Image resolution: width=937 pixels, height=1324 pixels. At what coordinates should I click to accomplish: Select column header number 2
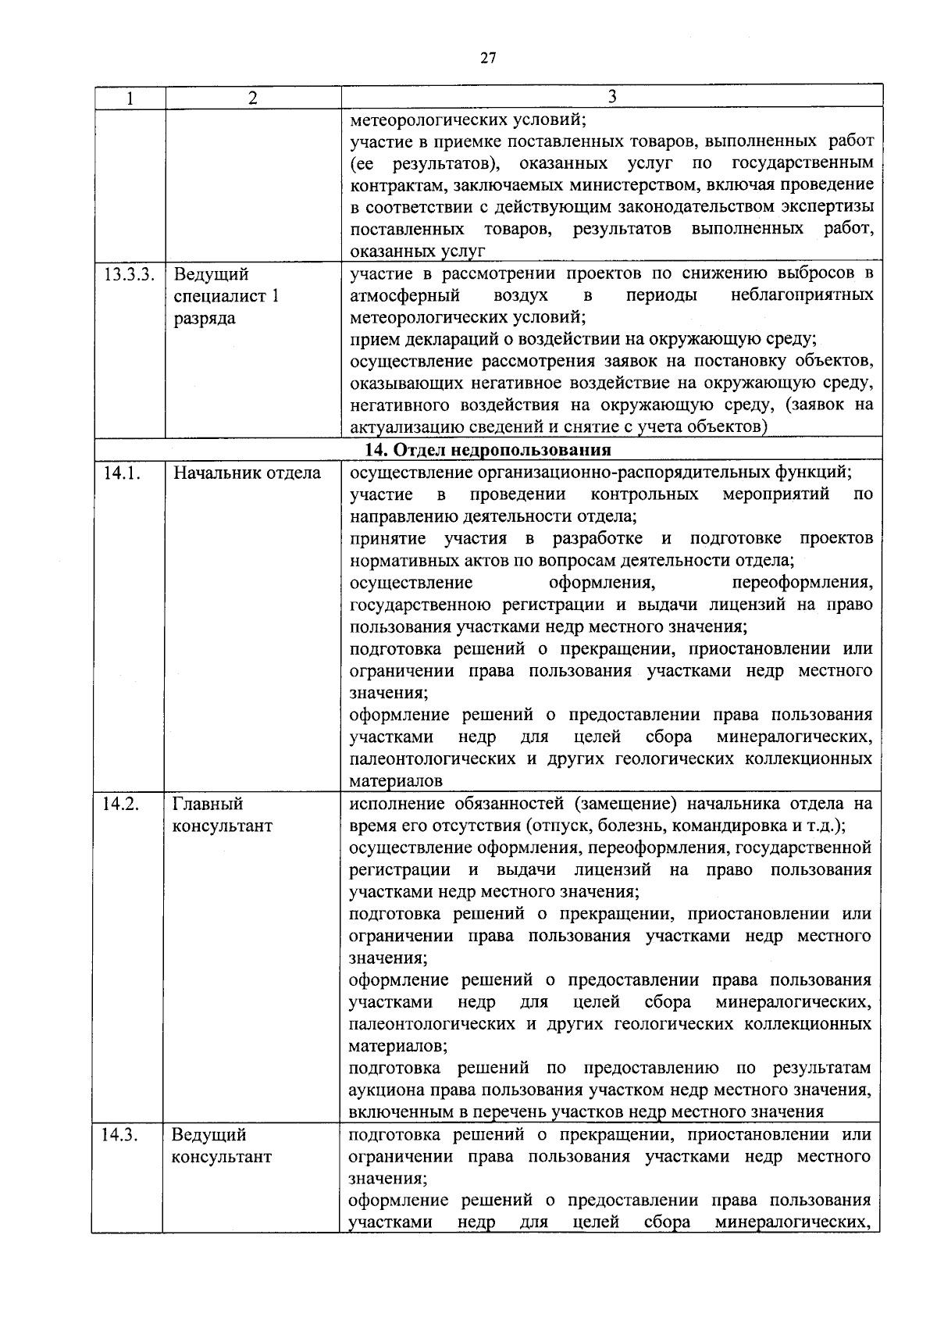point(252,98)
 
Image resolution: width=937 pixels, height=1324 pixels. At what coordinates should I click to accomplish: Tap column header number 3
point(612,97)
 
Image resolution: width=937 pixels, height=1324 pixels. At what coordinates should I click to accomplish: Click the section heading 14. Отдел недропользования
point(488,450)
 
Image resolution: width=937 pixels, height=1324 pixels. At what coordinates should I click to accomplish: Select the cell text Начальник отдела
point(247,473)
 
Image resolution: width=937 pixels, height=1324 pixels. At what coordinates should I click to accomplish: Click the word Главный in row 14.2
point(208,804)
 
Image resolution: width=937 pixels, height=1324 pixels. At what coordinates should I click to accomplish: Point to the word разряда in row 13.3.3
point(204,319)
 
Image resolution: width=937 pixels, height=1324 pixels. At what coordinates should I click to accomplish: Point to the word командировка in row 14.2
point(741,826)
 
